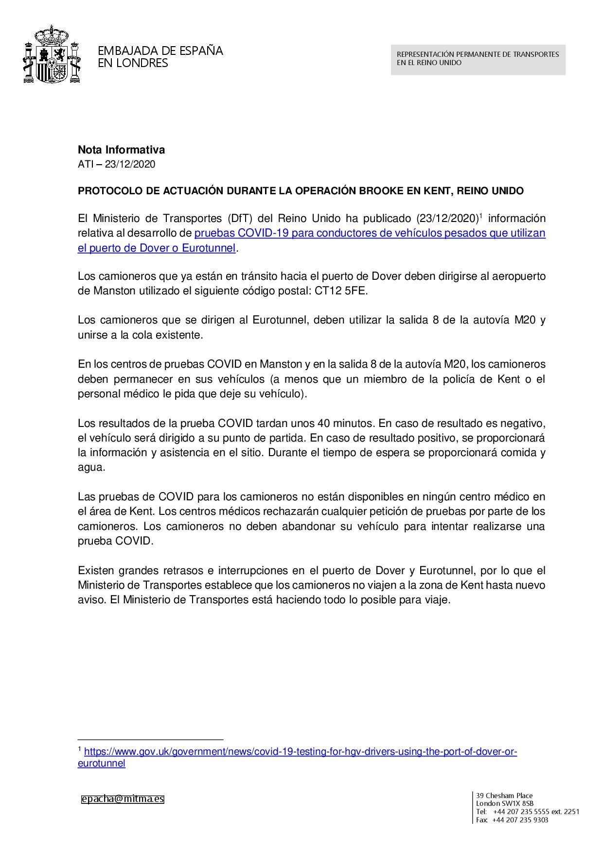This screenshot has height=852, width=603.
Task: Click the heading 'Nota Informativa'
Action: (121, 150)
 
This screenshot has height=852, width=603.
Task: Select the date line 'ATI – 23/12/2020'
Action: (116, 164)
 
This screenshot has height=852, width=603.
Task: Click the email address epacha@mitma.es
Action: (123, 799)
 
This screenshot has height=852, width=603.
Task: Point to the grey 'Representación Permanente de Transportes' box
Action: (478, 59)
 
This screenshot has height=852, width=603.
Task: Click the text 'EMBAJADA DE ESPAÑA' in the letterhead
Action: (160, 51)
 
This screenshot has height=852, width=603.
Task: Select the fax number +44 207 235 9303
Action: (520, 820)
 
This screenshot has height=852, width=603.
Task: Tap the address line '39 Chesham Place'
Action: (504, 796)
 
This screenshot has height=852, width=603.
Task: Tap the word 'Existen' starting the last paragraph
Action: (95, 570)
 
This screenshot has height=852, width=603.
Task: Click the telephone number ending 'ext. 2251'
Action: (536, 812)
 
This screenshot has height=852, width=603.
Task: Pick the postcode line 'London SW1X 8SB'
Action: (505, 803)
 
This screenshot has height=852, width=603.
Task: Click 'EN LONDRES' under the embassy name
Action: (133, 63)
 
